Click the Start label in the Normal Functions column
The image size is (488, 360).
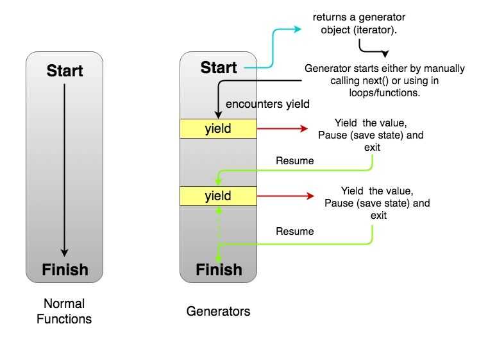click(64, 70)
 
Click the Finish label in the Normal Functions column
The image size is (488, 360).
click(64, 269)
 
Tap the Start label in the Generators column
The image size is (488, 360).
click(218, 67)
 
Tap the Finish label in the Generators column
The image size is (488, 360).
click(218, 269)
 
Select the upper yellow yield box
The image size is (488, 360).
click(218, 128)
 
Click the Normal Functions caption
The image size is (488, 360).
click(64, 311)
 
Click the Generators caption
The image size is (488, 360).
click(218, 312)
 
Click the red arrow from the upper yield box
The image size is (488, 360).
click(282, 128)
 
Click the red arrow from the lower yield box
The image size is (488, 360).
click(282, 196)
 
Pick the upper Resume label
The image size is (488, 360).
click(295, 160)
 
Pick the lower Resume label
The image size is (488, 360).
click(295, 230)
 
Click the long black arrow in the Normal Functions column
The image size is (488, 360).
click(64, 167)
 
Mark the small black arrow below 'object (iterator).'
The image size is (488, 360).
click(372, 50)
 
